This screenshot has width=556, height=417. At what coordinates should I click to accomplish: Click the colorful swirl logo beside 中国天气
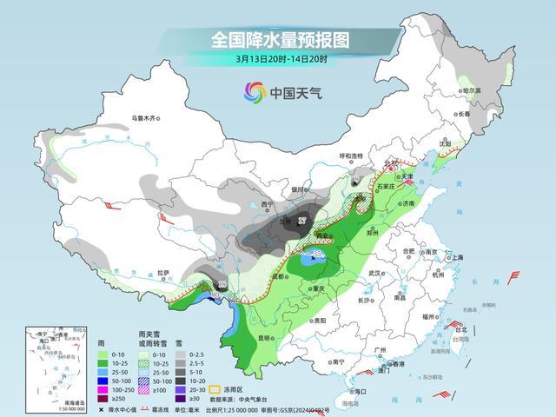(x=253, y=91)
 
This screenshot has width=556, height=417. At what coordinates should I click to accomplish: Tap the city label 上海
(x=457, y=258)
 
